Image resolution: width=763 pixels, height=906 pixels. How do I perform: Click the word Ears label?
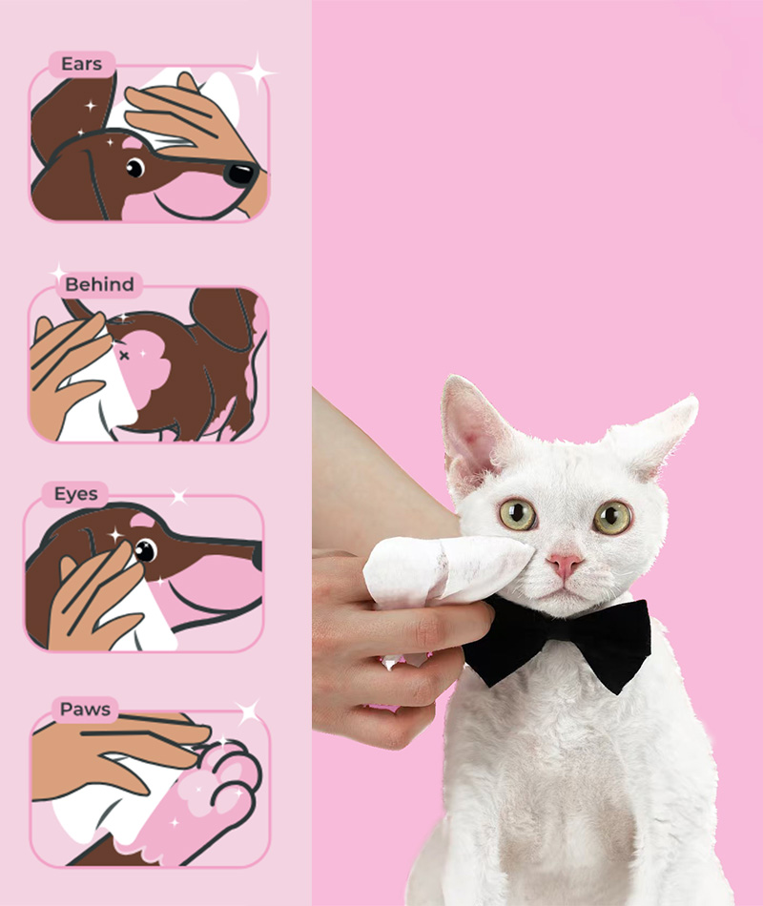(81, 64)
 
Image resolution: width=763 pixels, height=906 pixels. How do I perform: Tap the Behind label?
(99, 284)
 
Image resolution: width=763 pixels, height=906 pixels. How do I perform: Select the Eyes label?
(75, 494)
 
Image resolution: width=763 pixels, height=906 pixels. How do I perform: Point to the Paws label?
(85, 709)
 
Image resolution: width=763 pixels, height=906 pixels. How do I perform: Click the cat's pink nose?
(565, 564)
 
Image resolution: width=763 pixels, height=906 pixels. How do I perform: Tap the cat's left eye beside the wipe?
(517, 514)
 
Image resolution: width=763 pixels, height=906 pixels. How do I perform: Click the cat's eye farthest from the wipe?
(612, 517)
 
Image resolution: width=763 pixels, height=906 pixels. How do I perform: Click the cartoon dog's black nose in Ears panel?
(241, 174)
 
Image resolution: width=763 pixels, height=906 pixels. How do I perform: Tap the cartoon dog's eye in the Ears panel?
(135, 168)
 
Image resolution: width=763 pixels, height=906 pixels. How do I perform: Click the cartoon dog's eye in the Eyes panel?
(145, 550)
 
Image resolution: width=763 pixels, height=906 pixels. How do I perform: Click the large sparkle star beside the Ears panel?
(258, 72)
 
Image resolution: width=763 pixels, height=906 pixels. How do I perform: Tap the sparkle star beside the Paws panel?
(249, 711)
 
